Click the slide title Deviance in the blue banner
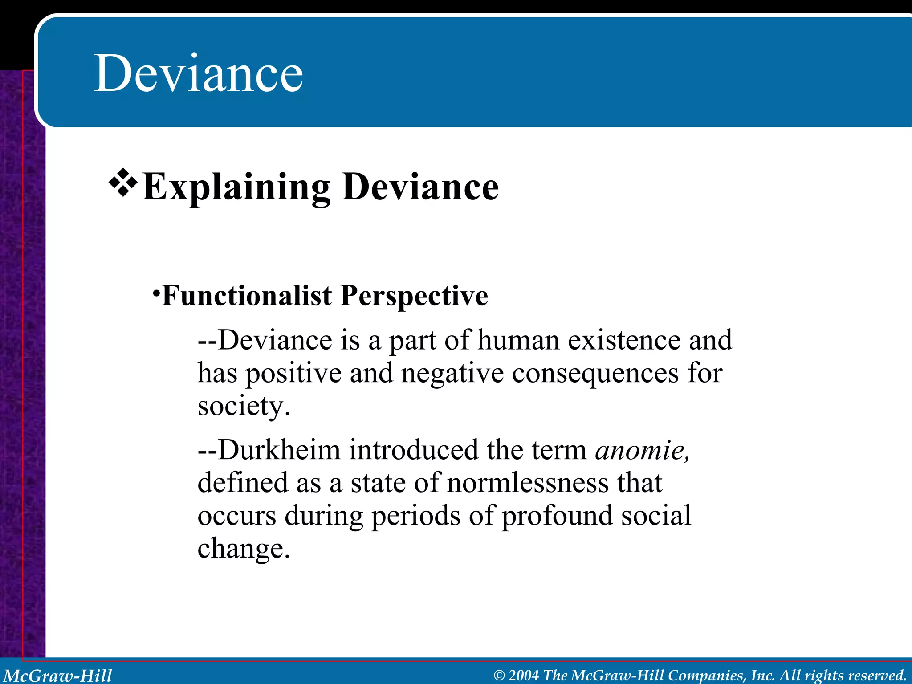[198, 73]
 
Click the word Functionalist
[247, 296]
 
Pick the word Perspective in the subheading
[414, 297]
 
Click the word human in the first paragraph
[518, 341]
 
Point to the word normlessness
[528, 483]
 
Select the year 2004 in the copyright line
[524, 676]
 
